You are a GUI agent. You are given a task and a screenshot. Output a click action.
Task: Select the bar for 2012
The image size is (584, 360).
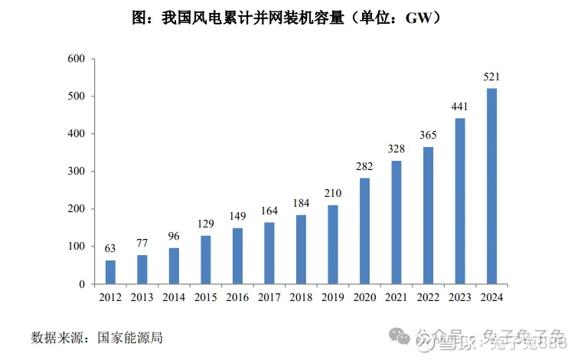point(111,272)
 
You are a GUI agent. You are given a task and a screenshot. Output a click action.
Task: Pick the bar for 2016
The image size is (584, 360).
point(238,256)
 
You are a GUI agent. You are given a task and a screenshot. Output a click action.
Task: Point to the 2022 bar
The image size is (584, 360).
point(429,215)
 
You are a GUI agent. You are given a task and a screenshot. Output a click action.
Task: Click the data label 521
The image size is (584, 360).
point(492,77)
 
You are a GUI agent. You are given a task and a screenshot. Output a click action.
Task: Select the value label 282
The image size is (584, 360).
point(365,167)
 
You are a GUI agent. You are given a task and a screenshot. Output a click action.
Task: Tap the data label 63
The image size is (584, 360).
point(111,249)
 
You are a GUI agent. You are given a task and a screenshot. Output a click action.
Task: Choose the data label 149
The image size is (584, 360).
point(238,217)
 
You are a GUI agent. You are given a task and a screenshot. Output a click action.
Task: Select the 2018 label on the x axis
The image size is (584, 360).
point(302,296)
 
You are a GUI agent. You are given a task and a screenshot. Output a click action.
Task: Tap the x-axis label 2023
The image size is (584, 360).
point(460,296)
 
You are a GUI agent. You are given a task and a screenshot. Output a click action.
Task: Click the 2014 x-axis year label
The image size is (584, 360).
point(175,296)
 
